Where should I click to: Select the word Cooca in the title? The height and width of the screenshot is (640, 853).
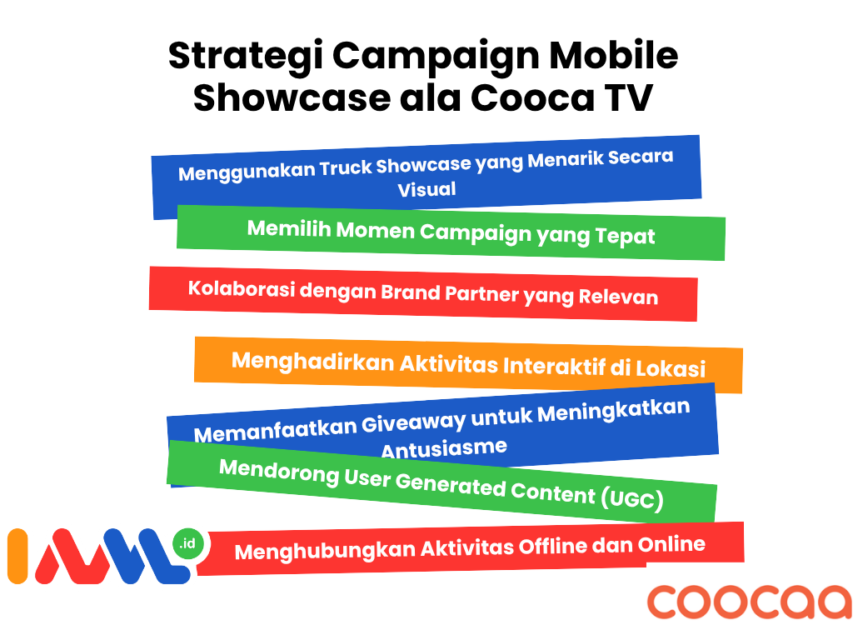(x=532, y=98)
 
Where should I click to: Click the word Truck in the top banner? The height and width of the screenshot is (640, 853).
(x=346, y=167)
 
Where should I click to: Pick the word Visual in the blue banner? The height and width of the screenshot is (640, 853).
(x=426, y=189)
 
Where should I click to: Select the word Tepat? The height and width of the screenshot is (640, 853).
(x=625, y=237)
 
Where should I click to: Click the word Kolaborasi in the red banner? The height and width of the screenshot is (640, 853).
(x=242, y=288)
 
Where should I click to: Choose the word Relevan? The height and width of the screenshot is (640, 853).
(x=618, y=297)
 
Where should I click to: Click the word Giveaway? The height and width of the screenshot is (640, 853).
(x=413, y=422)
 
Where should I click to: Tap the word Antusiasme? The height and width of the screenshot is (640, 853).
(x=444, y=448)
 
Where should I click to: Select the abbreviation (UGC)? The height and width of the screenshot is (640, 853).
(x=632, y=498)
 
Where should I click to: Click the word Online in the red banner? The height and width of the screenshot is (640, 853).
(x=671, y=544)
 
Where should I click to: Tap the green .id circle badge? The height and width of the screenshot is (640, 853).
(x=187, y=543)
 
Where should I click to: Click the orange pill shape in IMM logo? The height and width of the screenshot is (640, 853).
(x=17, y=556)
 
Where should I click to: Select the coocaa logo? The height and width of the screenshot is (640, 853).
(x=749, y=602)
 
